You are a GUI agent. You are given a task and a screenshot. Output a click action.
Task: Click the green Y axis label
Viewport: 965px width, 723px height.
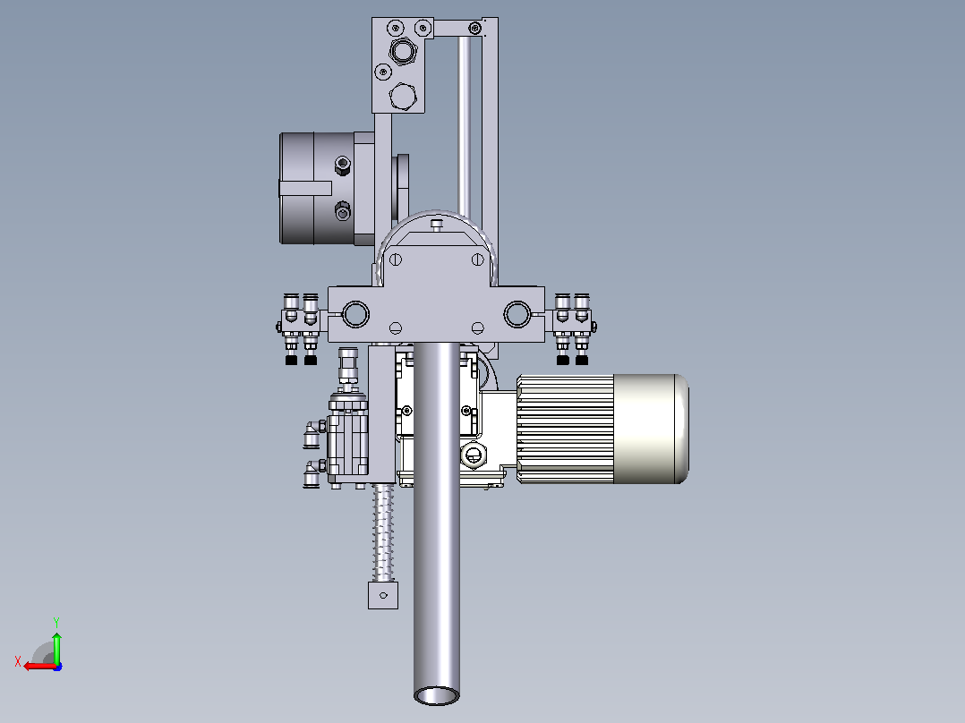pyautogui.click(x=56, y=622)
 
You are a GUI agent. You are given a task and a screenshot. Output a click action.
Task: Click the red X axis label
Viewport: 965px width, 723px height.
pyautogui.click(x=18, y=662)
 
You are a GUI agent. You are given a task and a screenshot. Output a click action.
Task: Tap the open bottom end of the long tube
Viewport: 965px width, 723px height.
pyautogui.click(x=436, y=696)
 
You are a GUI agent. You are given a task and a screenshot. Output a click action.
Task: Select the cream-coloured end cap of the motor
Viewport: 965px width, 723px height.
pyautogui.click(x=651, y=429)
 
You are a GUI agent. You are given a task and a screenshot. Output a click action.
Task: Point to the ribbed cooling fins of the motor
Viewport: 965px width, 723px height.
pyautogui.click(x=565, y=429)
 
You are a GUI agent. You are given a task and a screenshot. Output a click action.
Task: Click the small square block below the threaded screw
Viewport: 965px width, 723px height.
pyautogui.click(x=383, y=595)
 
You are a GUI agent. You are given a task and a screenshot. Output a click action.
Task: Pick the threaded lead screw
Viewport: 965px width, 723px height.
pyautogui.click(x=383, y=532)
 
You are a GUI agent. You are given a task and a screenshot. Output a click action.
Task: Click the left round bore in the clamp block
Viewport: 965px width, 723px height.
pyautogui.click(x=355, y=314)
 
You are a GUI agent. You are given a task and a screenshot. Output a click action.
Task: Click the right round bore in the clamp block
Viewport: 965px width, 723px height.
pyautogui.click(x=517, y=314)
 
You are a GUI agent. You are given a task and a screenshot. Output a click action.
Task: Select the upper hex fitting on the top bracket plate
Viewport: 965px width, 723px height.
pyautogui.click(x=403, y=50)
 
